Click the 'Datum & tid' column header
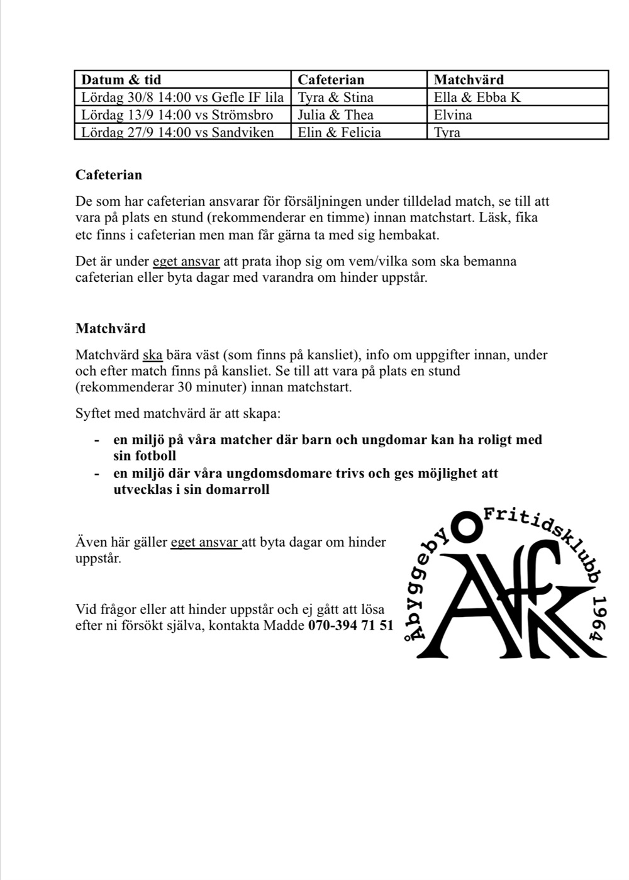point(121,80)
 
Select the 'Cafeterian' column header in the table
point(331,80)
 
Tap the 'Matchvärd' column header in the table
point(469,80)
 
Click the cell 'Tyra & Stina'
point(335,97)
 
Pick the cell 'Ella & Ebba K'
point(477,97)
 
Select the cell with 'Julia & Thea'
point(335,115)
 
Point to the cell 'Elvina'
point(453,115)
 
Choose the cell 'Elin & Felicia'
point(339,133)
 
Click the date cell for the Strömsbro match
point(177,115)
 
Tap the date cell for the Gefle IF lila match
point(182,97)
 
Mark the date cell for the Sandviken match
point(177,133)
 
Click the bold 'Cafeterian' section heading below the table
point(109,175)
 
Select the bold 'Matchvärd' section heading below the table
point(110,328)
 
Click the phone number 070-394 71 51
point(350,626)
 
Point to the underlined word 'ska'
point(153,355)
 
